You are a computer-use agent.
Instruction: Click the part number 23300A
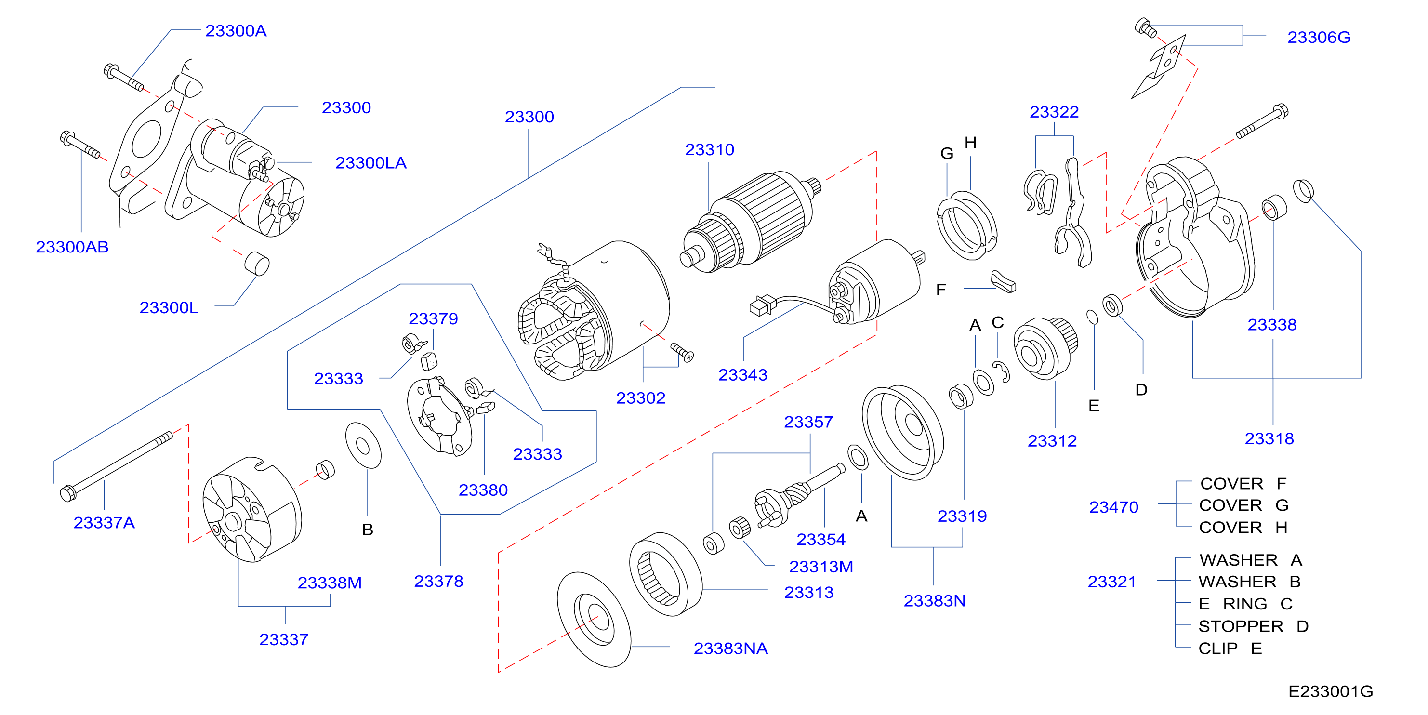pyautogui.click(x=236, y=30)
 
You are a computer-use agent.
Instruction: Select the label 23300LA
pyautogui.click(x=371, y=163)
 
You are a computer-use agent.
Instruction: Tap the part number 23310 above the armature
pyautogui.click(x=710, y=150)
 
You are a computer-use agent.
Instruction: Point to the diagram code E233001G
pyautogui.click(x=1330, y=691)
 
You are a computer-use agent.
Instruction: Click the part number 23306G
pyautogui.click(x=1319, y=37)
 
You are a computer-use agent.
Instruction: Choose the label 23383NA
pyautogui.click(x=731, y=648)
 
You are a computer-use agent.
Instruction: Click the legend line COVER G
pyautogui.click(x=1243, y=505)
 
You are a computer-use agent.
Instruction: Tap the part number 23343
pyautogui.click(x=743, y=375)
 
